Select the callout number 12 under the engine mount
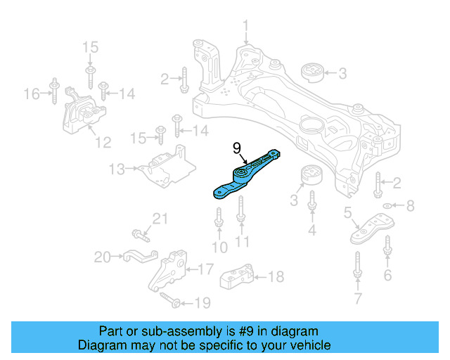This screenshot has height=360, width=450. tap(103, 143)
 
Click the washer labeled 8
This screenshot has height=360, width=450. tap(385, 205)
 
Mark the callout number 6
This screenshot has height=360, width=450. tap(387, 276)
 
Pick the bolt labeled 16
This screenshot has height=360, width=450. tap(53, 94)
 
